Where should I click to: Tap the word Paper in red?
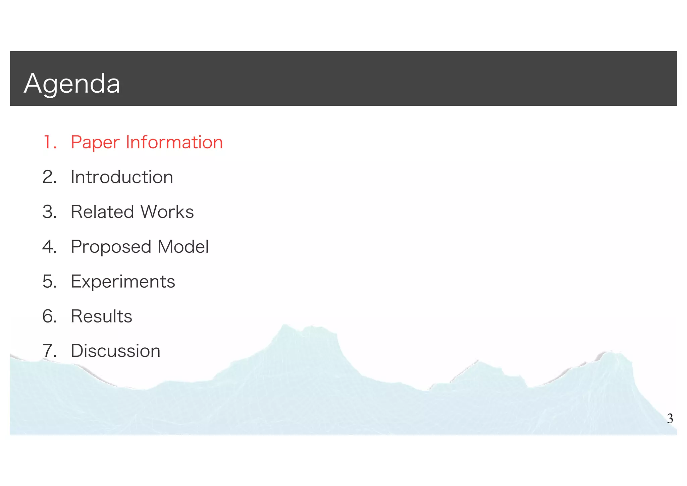[x=95, y=143]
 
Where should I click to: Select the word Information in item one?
[x=174, y=142]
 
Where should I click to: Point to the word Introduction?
[x=122, y=177]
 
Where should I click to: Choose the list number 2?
[x=49, y=177]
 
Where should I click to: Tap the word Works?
[x=167, y=212]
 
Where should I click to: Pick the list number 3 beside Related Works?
[x=49, y=212]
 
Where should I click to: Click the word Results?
[x=101, y=316]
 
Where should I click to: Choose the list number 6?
[x=49, y=316]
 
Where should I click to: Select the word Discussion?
[x=115, y=351]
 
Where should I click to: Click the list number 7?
[x=49, y=351]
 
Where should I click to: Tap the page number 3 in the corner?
[x=670, y=419]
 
